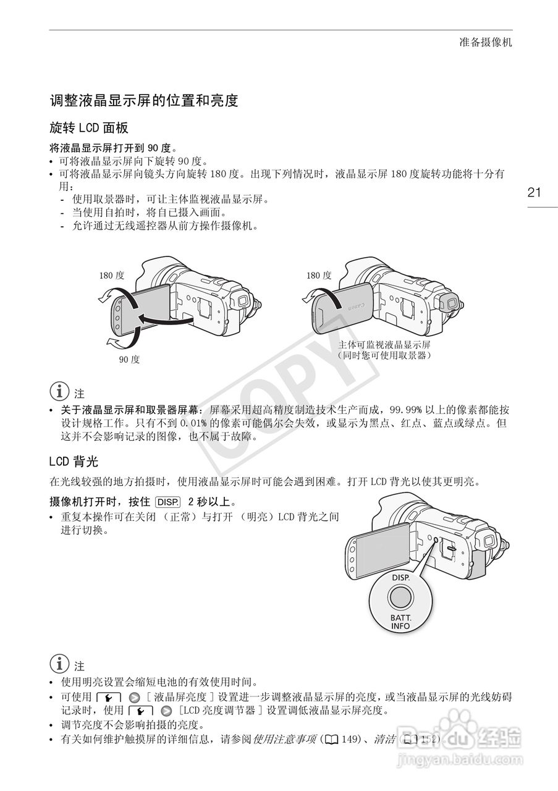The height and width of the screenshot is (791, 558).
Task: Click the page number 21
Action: [x=534, y=192]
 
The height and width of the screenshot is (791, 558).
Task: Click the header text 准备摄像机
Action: [x=486, y=43]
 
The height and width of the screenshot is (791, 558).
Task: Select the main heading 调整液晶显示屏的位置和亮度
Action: [x=144, y=101]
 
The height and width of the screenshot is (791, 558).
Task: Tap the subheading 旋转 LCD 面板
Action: [x=89, y=128]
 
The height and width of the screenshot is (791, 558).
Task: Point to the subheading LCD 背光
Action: [x=74, y=461]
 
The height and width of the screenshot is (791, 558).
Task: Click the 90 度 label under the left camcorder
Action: [x=129, y=360]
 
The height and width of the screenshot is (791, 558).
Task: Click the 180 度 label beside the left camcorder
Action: [x=111, y=276]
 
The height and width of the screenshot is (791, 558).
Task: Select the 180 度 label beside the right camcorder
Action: [x=319, y=276]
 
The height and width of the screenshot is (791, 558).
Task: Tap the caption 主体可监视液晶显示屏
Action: [x=384, y=345]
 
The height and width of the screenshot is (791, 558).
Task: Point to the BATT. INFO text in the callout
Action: [x=400, y=622]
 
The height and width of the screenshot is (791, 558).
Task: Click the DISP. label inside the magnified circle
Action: [x=400, y=577]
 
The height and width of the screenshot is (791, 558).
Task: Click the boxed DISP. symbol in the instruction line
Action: [x=168, y=501]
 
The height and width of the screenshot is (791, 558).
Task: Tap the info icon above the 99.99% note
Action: [x=59, y=392]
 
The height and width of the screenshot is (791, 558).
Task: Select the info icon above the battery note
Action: [x=59, y=665]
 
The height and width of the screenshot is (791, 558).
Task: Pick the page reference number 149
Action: [x=350, y=739]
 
